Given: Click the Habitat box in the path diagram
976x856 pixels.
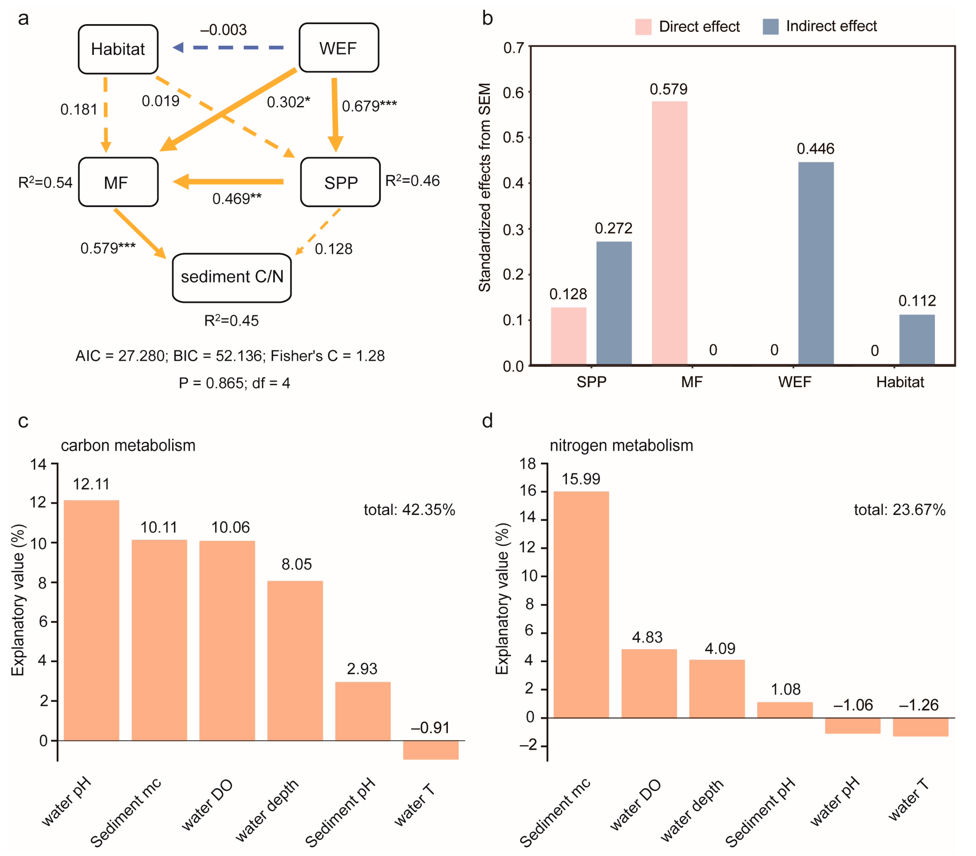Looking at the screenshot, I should tap(118, 49).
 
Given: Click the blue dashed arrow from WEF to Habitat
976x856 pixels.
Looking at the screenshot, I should tap(229, 48).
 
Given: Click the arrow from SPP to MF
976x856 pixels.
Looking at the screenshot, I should tap(229, 182).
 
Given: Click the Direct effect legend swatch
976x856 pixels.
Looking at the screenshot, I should tap(643, 27).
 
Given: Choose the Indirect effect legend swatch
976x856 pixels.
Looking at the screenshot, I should tap(770, 27).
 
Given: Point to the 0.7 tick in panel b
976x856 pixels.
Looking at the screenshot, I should tap(514, 48).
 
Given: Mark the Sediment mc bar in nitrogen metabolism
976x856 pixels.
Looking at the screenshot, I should tap(581, 604).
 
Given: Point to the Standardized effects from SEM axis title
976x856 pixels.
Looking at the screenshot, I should tap(485, 187).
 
